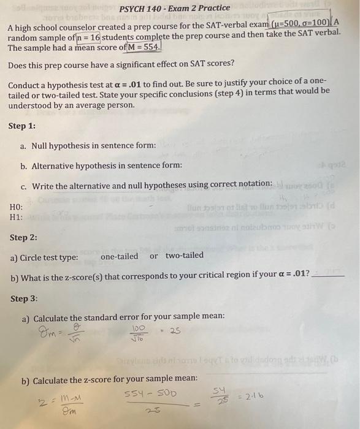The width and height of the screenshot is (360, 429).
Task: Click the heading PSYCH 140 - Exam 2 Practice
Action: pyautogui.click(x=175, y=9)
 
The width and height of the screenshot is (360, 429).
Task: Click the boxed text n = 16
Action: pyautogui.click(x=86, y=38)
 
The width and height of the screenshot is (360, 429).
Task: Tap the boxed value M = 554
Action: pyautogui.click(x=142, y=48)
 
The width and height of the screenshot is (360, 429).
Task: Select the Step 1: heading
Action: pyautogui.click(x=22, y=126)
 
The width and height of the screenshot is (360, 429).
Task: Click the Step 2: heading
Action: pyautogui.click(x=23, y=237)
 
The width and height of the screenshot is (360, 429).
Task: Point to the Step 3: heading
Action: pyautogui.click(x=24, y=298)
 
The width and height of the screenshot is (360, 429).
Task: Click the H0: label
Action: pyautogui.click(x=17, y=207)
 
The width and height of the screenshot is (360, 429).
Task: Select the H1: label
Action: pyautogui.click(x=17, y=217)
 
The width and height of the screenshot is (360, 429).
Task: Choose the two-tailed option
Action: pyautogui.click(x=184, y=256)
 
